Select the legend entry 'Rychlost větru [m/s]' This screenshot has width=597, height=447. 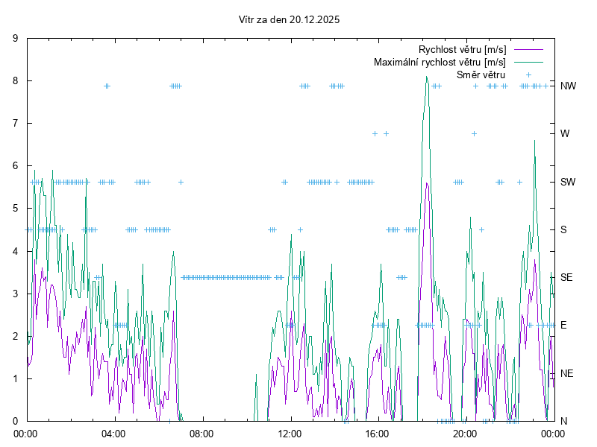tap(462, 49)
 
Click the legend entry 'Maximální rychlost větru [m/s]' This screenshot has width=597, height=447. tap(440, 62)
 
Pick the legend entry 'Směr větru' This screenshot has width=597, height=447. tap(481, 74)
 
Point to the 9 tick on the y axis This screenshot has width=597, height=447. tap(16, 38)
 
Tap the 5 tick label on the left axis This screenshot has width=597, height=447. tap(16, 209)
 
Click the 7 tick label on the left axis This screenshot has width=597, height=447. tap(16, 123)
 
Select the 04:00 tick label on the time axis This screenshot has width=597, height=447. tap(114, 433)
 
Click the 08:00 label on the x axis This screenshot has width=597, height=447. tap(201, 433)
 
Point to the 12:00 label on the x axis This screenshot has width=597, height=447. tap(290, 433)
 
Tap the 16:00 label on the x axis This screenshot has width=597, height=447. tap(377, 433)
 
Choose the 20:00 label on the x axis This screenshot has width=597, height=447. tap(465, 433)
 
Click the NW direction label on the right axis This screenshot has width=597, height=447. tap(569, 86)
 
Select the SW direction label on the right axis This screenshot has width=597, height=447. tap(569, 182)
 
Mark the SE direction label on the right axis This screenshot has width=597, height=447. tap(567, 277)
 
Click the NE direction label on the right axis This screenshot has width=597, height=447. tap(567, 373)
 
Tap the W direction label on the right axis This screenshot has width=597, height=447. tap(565, 134)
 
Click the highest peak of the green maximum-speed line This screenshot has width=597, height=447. tap(427, 77)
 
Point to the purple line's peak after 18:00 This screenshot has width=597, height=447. tap(427, 183)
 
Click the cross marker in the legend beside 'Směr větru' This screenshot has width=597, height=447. tap(528, 74)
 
